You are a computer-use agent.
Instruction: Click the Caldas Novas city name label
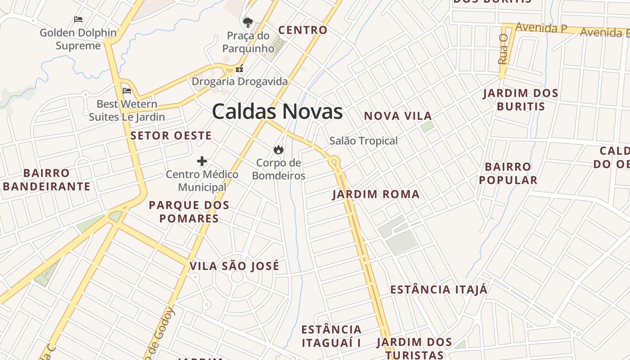[x=277, y=112]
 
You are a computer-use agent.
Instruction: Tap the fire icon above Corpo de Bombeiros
[x=278, y=149]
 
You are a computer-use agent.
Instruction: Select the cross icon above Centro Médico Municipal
[x=202, y=161]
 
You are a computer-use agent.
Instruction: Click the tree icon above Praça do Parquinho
[x=247, y=22]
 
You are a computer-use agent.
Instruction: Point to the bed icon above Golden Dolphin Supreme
[x=78, y=19]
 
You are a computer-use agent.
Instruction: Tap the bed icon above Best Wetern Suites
[x=127, y=91]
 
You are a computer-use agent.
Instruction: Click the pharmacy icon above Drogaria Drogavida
[x=239, y=69]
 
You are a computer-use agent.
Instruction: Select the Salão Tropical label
[x=364, y=141]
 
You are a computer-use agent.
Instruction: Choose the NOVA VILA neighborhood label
[x=398, y=116]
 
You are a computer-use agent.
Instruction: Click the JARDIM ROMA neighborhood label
[x=376, y=194]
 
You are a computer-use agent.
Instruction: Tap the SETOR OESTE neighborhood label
[x=171, y=135]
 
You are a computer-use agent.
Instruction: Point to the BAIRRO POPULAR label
[x=508, y=173]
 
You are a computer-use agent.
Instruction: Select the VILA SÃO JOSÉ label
[x=234, y=266]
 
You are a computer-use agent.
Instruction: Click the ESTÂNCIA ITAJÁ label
[x=439, y=289]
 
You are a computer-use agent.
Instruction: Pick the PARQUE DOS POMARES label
[x=189, y=212]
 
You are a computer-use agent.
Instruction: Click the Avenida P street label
[x=541, y=27]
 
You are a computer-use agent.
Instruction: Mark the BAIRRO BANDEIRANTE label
[x=47, y=180]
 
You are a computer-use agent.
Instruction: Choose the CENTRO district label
[x=303, y=30]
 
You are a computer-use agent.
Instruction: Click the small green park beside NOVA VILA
[x=427, y=126]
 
